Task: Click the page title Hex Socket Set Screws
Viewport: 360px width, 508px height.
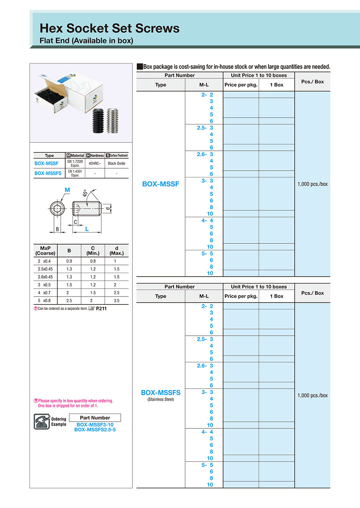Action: [x=109, y=28]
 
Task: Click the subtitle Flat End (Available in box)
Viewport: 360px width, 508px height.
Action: [x=86, y=41]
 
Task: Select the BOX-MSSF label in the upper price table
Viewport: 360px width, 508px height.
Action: [x=161, y=184]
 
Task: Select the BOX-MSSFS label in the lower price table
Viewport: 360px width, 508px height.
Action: [x=161, y=393]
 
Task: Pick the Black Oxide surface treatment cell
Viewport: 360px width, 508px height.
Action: [x=117, y=163]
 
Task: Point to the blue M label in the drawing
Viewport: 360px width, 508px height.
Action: [x=67, y=189]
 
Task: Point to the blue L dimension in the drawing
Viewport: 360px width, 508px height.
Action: [x=87, y=229]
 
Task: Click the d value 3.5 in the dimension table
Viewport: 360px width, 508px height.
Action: [x=116, y=301]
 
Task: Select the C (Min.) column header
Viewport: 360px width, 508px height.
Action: [x=93, y=251]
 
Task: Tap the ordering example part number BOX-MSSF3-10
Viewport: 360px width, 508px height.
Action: [x=95, y=425]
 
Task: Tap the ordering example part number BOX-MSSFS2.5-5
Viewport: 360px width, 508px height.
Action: [x=95, y=430]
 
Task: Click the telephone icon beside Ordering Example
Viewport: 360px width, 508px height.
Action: [x=42, y=421]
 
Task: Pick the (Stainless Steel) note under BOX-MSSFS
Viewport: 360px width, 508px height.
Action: [x=161, y=399]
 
